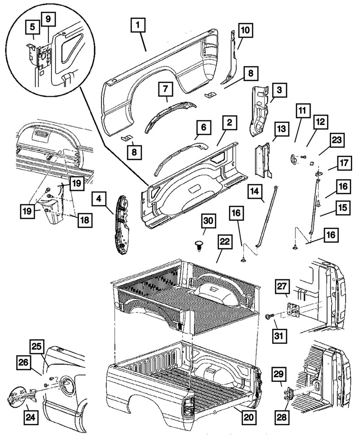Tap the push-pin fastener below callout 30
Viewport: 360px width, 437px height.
tap(199, 243)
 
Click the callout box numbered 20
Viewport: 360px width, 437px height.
tap(248, 417)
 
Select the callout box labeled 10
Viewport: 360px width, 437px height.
tap(245, 30)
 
